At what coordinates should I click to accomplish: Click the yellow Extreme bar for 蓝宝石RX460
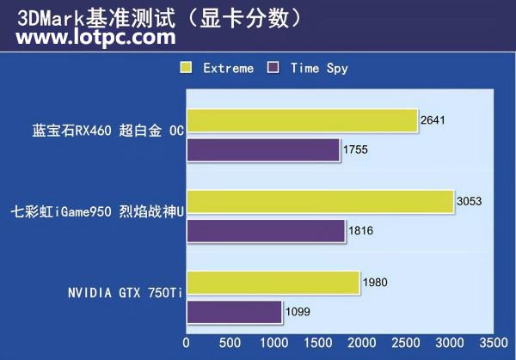(x=301, y=122)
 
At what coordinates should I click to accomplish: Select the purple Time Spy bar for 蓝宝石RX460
(x=263, y=150)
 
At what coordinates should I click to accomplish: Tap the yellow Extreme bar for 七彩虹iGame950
(x=319, y=202)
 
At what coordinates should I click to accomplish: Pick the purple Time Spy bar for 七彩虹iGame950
(x=266, y=231)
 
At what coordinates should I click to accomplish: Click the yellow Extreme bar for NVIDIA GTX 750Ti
(x=273, y=283)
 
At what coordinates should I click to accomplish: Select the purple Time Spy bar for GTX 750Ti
(x=234, y=312)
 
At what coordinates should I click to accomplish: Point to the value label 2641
(x=433, y=121)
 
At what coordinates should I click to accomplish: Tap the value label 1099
(x=298, y=312)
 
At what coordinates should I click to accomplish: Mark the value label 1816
(x=360, y=231)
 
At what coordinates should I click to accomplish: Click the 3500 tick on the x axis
(x=492, y=342)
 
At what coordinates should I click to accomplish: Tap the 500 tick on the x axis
(x=230, y=342)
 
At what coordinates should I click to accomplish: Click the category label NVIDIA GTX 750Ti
(x=126, y=293)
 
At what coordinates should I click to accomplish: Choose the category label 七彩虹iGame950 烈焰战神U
(x=97, y=211)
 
